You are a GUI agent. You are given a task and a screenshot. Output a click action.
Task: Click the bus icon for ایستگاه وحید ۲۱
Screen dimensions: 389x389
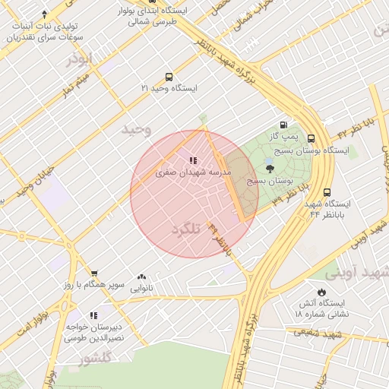tap(168, 77)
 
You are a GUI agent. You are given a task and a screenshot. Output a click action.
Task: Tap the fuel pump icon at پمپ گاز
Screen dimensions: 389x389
tap(283, 125)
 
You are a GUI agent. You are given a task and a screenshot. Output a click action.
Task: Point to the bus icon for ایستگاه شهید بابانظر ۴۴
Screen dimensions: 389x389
tap(327, 193)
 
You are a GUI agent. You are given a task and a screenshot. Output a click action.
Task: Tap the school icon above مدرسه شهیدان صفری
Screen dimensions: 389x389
tap(193, 160)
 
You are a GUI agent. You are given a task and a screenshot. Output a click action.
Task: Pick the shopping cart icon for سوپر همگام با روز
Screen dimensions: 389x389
tap(94, 274)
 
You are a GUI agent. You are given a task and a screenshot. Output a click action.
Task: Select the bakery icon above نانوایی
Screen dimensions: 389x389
tap(142, 277)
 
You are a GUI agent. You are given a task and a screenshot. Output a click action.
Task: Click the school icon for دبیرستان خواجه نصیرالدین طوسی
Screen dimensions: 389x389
tap(93, 315)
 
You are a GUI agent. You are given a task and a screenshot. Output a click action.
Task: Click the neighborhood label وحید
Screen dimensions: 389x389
tap(138, 130)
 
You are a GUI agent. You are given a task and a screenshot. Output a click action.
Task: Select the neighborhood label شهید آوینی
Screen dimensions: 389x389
tap(357, 272)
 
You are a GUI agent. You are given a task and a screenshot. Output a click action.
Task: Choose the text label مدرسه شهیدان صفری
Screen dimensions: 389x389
tap(193, 173)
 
